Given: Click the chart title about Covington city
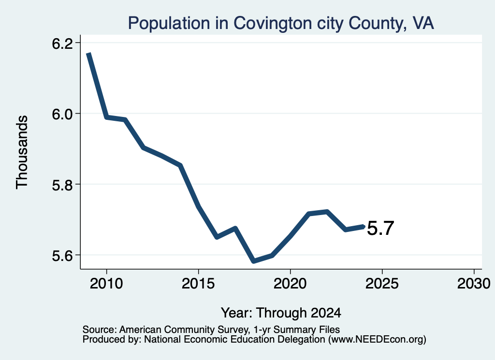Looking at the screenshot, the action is [281, 23].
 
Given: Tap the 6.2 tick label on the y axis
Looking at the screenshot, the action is [62, 43].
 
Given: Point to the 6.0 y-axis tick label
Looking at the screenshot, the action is [62, 114].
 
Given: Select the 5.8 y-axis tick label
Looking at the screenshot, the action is [62, 185].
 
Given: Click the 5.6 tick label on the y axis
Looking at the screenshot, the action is [62, 256].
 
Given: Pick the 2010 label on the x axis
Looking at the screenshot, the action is [106, 283].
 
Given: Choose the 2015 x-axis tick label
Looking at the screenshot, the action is [198, 283].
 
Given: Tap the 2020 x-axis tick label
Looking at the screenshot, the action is [290, 283].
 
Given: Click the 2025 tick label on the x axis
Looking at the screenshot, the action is [382, 283].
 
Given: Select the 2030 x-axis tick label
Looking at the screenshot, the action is [474, 283].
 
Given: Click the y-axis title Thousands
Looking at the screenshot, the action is [22, 152].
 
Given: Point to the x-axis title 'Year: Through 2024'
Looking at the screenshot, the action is [281, 313].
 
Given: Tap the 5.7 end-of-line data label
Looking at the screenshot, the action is [380, 228].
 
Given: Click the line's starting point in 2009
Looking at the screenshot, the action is [89, 54].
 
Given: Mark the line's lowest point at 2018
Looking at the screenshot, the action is [253, 261].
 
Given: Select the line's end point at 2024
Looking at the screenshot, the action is [364, 226].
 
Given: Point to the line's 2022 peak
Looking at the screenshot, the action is [327, 211].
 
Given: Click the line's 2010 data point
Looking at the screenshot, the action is [107, 117].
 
